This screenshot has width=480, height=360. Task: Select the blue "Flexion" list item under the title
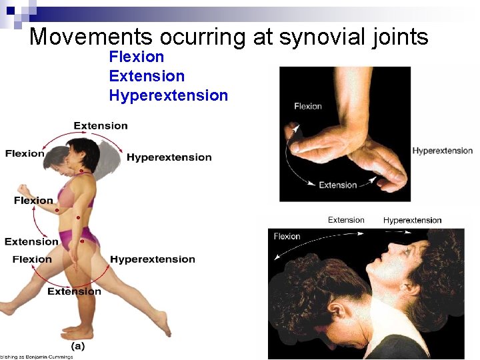click(x=136, y=57)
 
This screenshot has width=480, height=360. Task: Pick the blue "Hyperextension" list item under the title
click(x=168, y=95)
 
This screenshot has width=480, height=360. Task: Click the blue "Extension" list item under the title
click(x=147, y=76)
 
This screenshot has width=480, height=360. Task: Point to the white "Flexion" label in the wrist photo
click(x=307, y=106)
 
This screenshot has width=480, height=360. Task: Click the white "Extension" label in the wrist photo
click(x=337, y=185)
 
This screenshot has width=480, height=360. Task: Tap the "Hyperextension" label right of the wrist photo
click(x=442, y=151)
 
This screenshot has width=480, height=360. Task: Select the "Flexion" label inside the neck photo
click(x=287, y=236)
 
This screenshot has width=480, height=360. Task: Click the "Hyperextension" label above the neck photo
click(x=412, y=220)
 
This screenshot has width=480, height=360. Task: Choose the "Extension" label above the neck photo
click(x=346, y=220)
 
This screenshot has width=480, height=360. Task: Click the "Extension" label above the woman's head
click(x=101, y=125)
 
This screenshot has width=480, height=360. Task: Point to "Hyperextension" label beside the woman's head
click(x=169, y=157)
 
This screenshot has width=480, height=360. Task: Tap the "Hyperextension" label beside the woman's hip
click(x=153, y=259)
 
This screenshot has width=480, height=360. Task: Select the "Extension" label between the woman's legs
click(x=74, y=291)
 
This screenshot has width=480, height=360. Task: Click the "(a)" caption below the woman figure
click(x=78, y=346)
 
